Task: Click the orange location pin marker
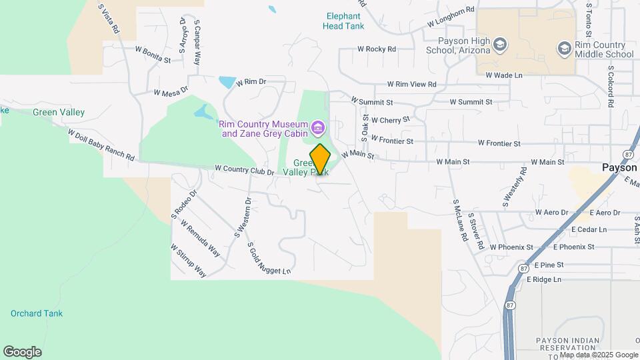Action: pos(320,159)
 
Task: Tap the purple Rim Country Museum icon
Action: pos(318,127)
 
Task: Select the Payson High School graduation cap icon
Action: pos(501,45)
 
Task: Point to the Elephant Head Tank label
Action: pos(343,21)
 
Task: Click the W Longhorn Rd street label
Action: pos(451,16)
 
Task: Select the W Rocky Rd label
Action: pos(377,49)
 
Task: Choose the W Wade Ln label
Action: pos(504,75)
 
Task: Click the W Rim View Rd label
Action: pos(411,85)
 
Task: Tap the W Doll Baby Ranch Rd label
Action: pos(101,144)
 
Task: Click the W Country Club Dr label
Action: pos(245,171)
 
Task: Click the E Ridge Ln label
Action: pos(544,279)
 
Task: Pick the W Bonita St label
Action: pos(153,54)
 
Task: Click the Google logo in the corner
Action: pos(22,351)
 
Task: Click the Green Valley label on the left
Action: pos(59,113)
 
